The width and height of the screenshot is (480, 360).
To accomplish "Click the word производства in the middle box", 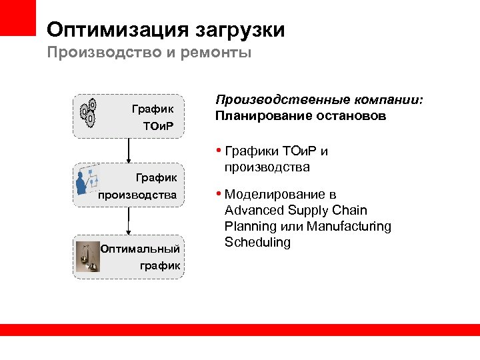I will pos(137,195).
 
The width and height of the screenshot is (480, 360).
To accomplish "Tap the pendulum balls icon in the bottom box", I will pos(87,257).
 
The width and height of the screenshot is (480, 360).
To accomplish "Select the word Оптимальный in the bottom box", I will pos(140,249).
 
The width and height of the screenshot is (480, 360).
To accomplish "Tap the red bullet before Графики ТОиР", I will pos(219,151).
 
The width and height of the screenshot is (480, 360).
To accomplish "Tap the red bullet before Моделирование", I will pos(219,195).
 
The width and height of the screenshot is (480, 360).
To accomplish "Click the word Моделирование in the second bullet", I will pos(280,195).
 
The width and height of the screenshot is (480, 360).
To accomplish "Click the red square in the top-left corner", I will pos(17,17).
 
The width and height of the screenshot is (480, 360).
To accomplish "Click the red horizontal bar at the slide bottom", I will pos(240,329).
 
